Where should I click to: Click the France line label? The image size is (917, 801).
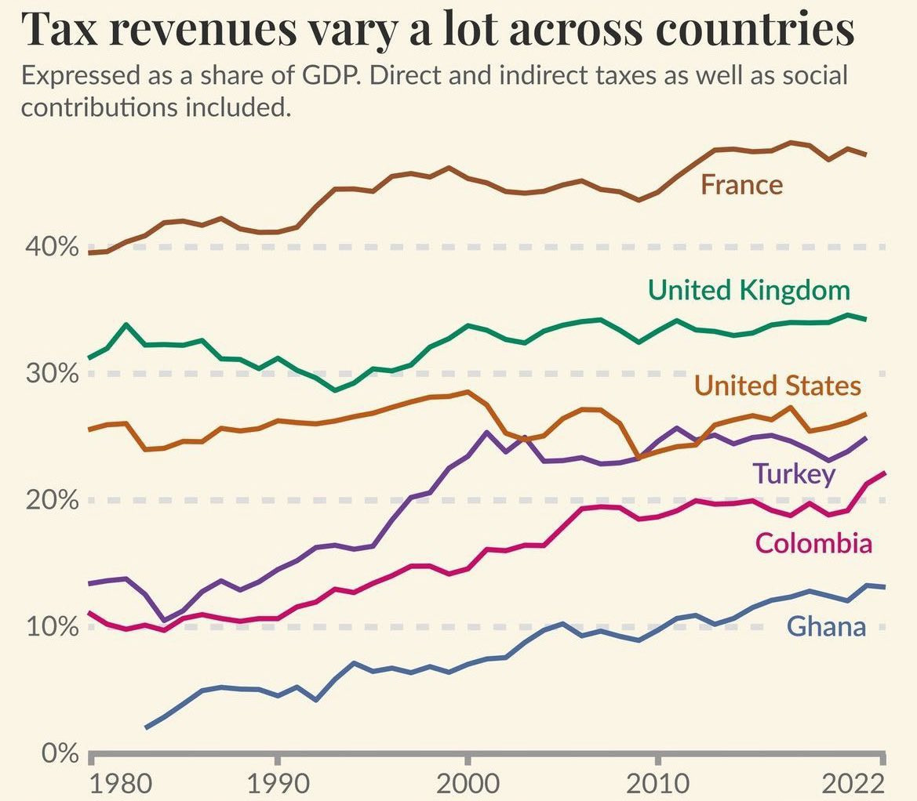741,185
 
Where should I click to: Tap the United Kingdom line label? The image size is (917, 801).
749,290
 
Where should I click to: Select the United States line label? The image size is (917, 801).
778,386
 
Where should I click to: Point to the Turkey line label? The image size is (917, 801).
794,474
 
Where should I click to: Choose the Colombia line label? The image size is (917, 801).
813,543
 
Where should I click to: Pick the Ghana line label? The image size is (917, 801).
826,626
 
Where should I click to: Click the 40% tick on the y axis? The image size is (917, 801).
52,247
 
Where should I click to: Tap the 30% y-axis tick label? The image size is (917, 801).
52,373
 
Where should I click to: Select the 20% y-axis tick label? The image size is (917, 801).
52,500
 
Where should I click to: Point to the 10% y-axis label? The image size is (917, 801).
52,626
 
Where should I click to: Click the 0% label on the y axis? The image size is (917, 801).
60,753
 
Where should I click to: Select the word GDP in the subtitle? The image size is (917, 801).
329,76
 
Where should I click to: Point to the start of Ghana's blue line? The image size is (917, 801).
146,727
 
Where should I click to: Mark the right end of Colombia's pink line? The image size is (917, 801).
885,473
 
